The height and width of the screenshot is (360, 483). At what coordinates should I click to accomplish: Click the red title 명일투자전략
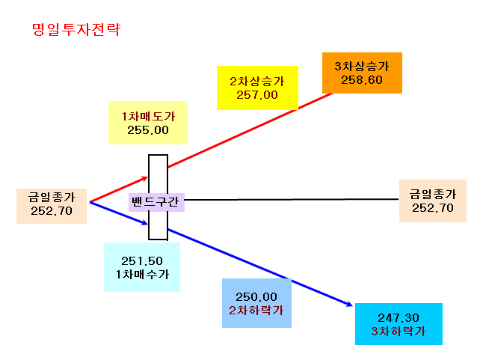pos(76,30)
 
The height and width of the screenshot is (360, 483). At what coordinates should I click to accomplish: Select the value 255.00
pos(148,130)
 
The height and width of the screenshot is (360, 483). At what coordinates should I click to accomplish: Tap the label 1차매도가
pos(148,116)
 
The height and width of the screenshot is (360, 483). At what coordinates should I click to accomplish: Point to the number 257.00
pos(257,95)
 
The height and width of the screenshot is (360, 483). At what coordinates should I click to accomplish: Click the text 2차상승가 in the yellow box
pos(257,81)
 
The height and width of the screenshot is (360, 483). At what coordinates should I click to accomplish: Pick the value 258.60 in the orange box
pos(362,80)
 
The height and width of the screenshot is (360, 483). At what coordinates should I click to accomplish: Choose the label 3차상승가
pos(362,67)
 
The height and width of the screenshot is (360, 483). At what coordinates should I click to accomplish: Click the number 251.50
pos(142,261)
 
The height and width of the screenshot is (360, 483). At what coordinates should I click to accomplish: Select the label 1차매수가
pos(142,274)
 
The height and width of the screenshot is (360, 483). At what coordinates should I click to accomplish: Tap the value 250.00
pos(256,297)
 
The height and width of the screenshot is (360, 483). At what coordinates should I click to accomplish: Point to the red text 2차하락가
pos(256,310)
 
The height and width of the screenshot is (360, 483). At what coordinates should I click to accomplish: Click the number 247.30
pos(399,318)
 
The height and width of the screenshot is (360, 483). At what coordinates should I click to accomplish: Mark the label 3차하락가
pos(399,331)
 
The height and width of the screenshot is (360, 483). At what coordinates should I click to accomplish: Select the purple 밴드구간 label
pos(156,202)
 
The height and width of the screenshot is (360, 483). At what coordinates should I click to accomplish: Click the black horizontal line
pos(291,199)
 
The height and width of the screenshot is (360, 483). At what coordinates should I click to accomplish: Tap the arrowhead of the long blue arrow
pos(350,305)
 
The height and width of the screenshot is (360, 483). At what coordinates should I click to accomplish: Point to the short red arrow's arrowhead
pos(145,178)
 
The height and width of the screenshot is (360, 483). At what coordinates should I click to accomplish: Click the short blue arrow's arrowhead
pos(145,222)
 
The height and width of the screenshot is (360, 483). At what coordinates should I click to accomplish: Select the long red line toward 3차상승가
pos(250,130)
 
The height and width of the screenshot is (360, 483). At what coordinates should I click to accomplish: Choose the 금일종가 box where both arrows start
pos(52,206)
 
